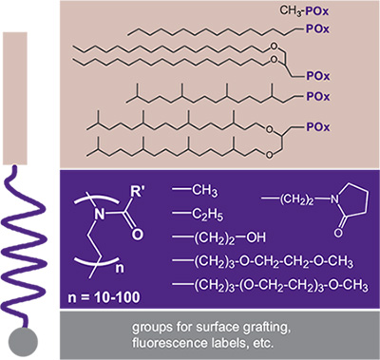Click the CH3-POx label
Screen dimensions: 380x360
304,11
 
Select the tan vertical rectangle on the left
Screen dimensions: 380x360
15,98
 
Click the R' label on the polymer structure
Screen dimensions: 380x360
137,193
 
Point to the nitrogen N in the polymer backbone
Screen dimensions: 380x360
100,215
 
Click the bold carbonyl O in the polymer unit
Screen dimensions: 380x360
137,235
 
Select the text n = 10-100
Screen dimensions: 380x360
104,297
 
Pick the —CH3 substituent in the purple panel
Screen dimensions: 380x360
195,191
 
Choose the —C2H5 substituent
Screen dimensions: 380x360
198,214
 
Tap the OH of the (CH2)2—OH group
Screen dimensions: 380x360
256,237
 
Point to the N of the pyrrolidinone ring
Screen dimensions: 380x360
335,199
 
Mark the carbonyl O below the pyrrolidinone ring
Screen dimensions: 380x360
338,233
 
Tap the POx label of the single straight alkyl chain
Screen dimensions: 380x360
317,29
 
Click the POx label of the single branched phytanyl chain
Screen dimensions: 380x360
318,96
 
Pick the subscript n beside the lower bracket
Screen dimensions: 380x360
119,269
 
